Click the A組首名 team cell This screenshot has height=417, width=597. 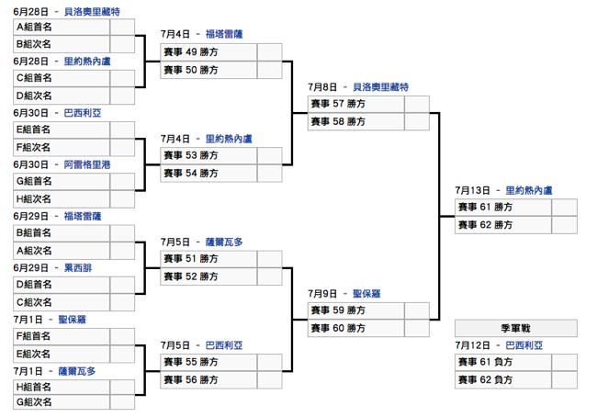pos(62,27)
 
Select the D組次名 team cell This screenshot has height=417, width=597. pos(62,95)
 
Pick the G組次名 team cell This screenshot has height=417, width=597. pos(62,401)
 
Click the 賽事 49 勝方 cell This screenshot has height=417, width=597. pos(208,52)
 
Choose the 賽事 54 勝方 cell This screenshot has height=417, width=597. pos(208,173)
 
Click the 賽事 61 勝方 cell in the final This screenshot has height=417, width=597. pos(502,208)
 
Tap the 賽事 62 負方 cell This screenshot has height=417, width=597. pos(502,379)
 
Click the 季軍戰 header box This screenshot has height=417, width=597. pos(515,328)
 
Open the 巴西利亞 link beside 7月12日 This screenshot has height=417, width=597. pos(524,345)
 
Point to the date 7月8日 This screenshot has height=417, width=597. pos(322,87)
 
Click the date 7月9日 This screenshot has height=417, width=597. pos(322,293)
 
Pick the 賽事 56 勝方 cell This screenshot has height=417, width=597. pos(208,379)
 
